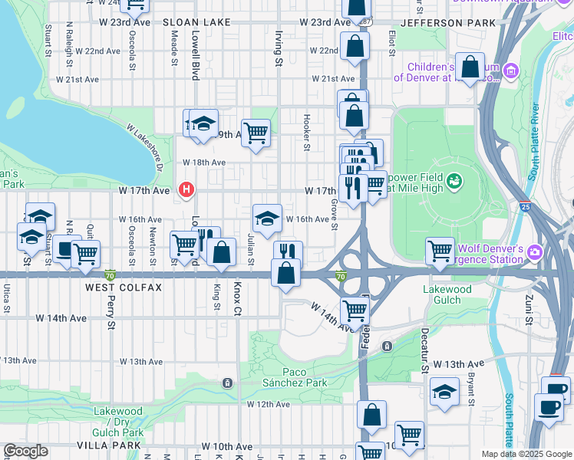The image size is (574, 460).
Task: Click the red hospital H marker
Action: coord(185,189)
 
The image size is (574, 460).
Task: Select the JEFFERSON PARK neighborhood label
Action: coord(443,24)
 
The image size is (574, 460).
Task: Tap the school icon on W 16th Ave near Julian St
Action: coord(267,218)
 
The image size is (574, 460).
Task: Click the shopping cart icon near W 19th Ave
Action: coord(256,132)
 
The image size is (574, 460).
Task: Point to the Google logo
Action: coord(25,452)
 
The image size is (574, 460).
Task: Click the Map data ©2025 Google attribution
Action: coord(526,454)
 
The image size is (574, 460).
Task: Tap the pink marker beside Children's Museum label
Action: coord(512,71)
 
